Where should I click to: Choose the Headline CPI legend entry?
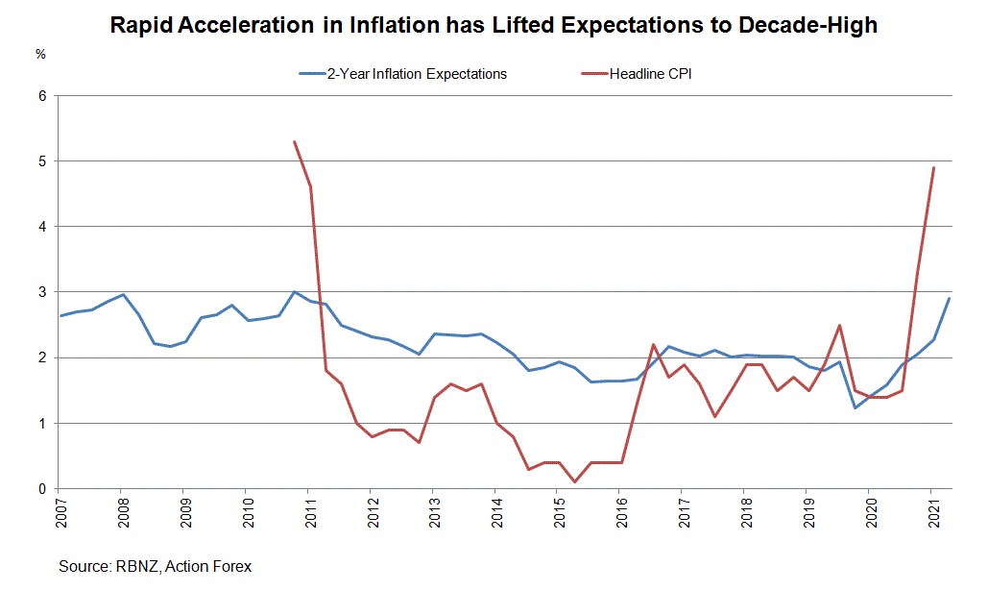click(650, 74)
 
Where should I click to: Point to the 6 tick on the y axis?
click(41, 96)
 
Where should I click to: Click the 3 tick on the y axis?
click(41, 292)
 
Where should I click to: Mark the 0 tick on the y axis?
click(41, 488)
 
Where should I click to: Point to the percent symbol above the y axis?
click(40, 55)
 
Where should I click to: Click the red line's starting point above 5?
click(294, 142)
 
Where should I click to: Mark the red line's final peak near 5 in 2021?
click(933, 168)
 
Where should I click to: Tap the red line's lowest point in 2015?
click(574, 481)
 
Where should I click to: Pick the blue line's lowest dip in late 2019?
click(855, 407)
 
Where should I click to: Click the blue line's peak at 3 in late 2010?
click(294, 292)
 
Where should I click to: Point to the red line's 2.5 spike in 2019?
click(840, 325)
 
